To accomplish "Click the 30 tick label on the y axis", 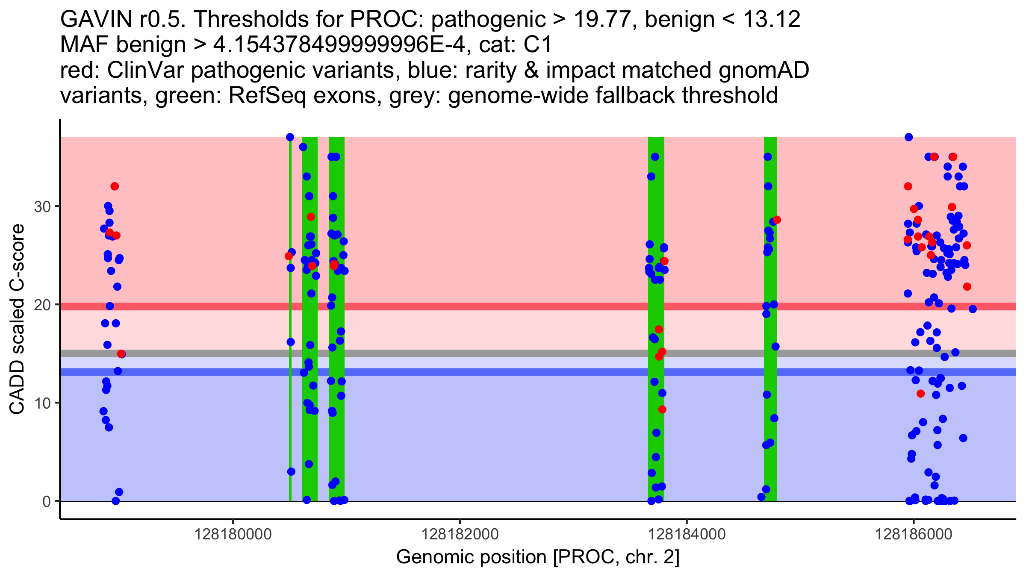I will click(x=42, y=207).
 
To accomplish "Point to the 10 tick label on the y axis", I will click(x=42, y=403).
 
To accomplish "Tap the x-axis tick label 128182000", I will click(x=460, y=534).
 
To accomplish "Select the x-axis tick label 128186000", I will click(x=914, y=534).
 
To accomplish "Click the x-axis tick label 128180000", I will click(x=233, y=534).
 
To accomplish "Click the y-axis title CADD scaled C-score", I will click(x=17, y=319).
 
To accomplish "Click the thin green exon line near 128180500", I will click(x=290, y=385).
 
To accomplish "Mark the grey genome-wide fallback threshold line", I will click(x=513, y=353).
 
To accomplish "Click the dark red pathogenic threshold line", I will click(x=513, y=306).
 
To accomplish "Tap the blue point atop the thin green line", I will click(x=290, y=137).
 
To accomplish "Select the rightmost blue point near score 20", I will click(x=973, y=309).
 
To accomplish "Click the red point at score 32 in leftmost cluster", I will click(x=115, y=186).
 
